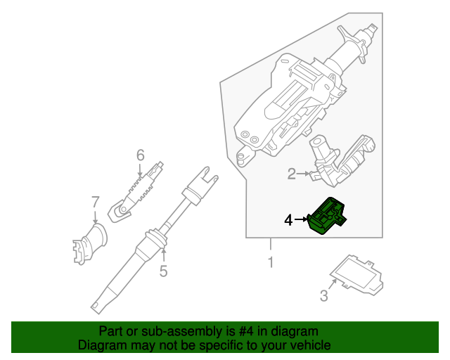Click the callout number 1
click(270, 264)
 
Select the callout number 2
click(291, 173)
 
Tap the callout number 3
click(323, 296)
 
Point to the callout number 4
click(288, 220)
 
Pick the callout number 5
click(163, 270)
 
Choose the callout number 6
click(140, 155)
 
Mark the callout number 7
click(96, 202)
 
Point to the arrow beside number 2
click(306, 173)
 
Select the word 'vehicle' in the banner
click(307, 345)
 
